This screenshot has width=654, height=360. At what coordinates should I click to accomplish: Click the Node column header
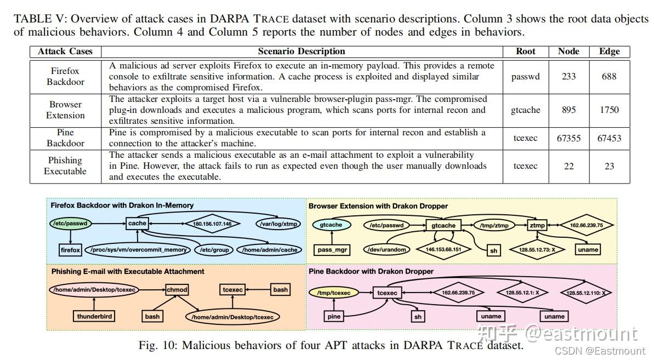(568, 52)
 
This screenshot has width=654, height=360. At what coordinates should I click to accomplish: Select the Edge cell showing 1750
(609, 110)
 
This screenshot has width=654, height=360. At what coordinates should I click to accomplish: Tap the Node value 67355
(568, 138)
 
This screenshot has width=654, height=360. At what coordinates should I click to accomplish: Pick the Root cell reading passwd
(525, 76)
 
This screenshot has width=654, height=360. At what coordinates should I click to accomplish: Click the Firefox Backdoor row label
(65, 76)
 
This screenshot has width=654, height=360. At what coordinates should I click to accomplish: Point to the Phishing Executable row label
(65, 165)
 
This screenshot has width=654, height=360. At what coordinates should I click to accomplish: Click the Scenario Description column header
(302, 52)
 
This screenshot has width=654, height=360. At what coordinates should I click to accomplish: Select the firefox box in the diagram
(71, 250)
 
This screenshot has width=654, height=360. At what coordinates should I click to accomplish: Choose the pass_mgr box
(333, 250)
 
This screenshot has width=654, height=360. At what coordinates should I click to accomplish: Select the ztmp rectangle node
(537, 225)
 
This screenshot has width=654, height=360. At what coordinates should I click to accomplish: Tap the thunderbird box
(95, 316)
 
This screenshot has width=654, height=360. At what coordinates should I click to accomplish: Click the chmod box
(177, 289)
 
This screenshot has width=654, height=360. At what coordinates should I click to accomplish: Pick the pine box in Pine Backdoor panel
(334, 316)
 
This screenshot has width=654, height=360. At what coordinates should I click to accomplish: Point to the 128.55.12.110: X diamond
(585, 293)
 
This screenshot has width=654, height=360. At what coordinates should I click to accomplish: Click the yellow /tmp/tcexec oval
(333, 293)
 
